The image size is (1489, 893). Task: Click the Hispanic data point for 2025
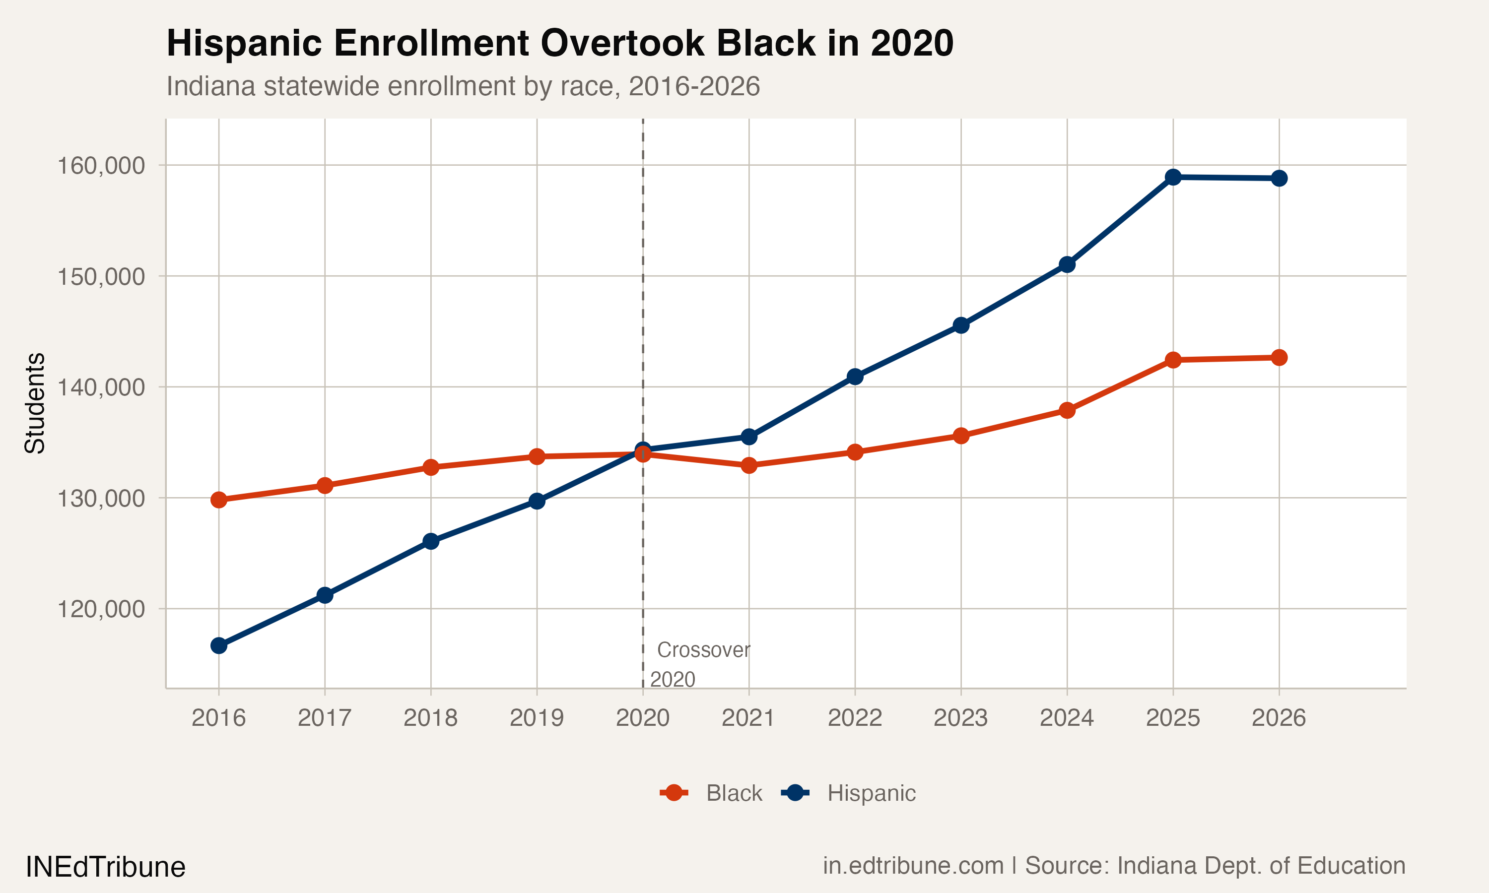tap(1173, 177)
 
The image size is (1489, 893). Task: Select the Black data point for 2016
tap(218, 500)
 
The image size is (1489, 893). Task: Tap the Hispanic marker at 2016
tap(218, 645)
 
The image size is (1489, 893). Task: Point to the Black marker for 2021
tap(748, 465)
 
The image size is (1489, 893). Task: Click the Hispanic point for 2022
tap(855, 377)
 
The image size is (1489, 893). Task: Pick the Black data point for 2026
tap(1279, 357)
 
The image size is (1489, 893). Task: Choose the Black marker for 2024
tap(1067, 410)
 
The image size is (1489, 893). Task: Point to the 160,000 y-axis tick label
tap(101, 166)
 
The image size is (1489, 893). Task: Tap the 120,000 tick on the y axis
tap(101, 609)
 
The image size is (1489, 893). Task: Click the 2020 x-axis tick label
tap(643, 718)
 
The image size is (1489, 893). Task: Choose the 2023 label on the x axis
tap(960, 718)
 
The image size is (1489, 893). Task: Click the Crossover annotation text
tap(703, 650)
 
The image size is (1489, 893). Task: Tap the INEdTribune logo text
tap(105, 867)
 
